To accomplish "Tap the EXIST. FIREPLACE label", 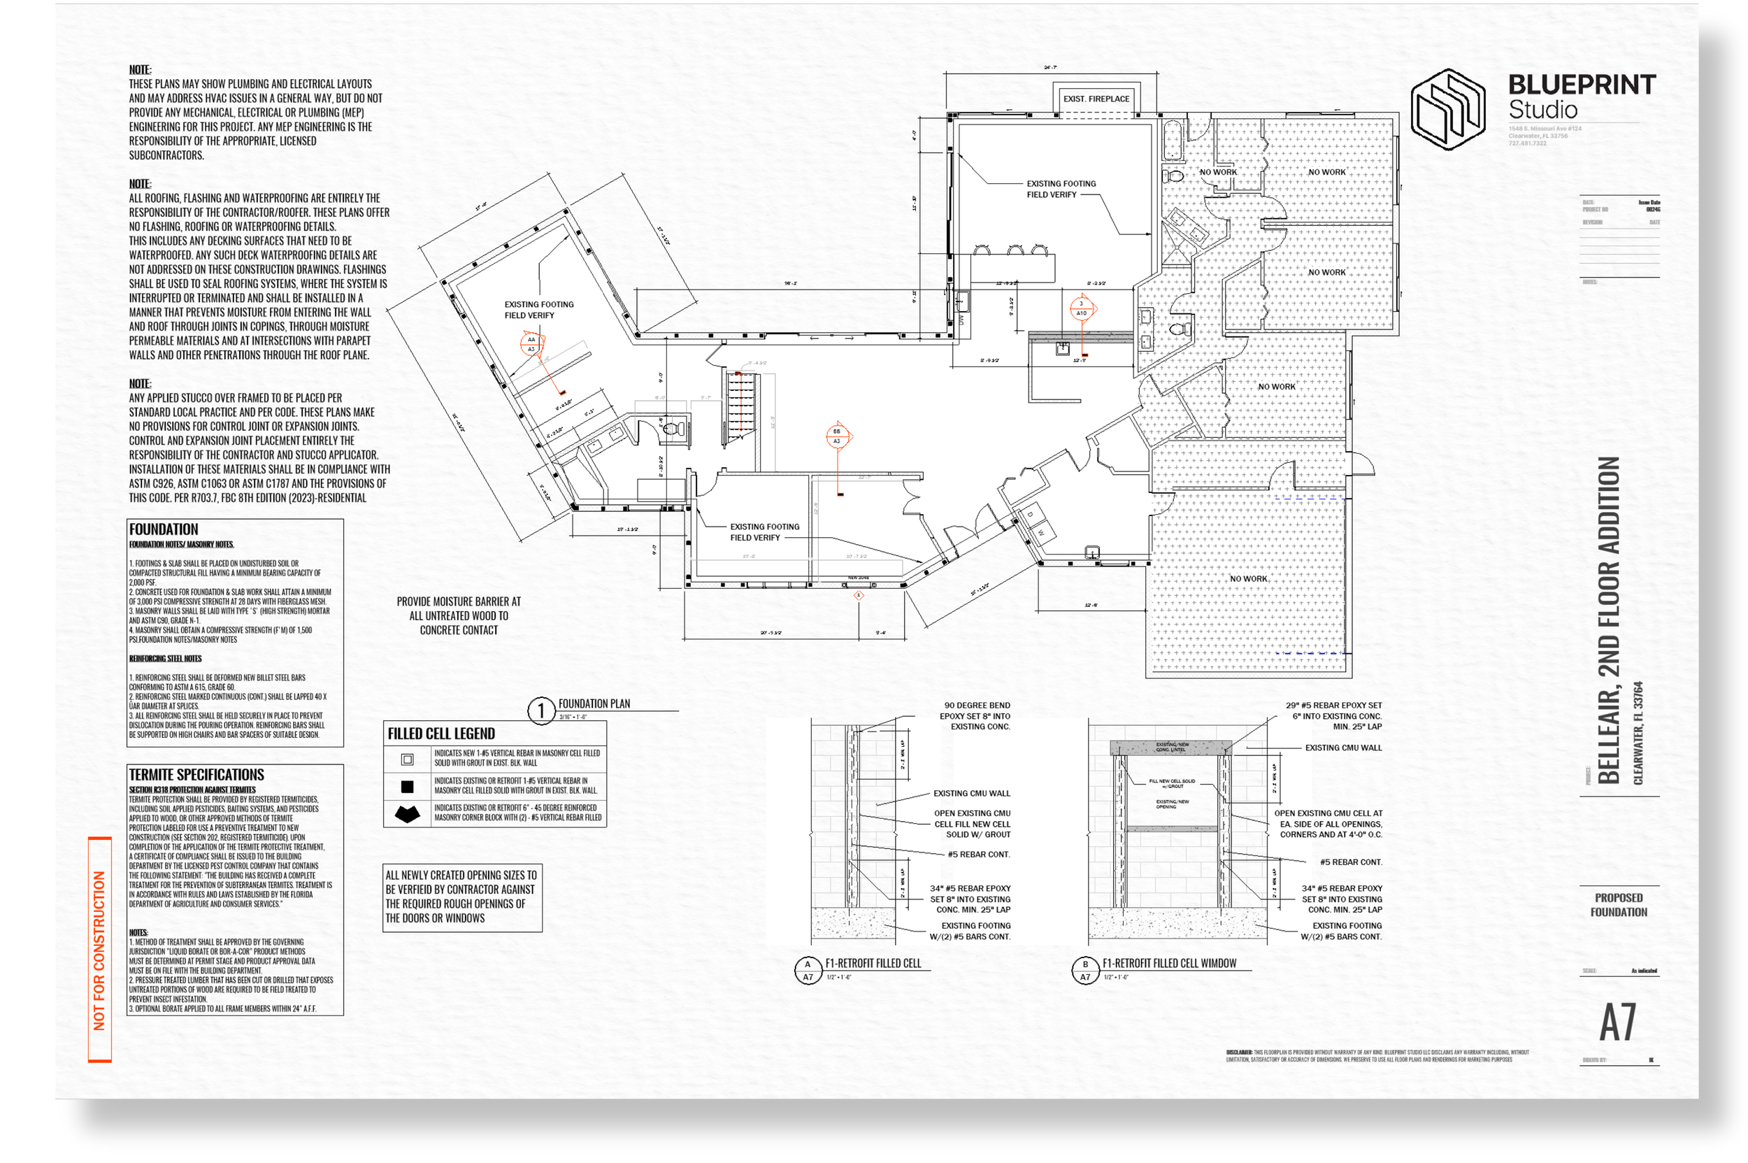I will click(1096, 99).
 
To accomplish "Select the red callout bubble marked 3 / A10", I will click(1080, 308).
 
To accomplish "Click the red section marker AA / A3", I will click(531, 343).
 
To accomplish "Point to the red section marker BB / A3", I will click(836, 436).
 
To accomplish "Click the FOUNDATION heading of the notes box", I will click(163, 529).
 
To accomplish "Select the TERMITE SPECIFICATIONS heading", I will click(196, 773).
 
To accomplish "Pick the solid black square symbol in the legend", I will click(406, 786).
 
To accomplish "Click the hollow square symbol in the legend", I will click(406, 759).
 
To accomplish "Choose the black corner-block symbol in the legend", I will click(406, 813).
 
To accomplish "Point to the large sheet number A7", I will click(1617, 1023).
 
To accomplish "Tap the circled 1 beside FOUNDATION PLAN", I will click(540, 710).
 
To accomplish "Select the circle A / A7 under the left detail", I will click(807, 969).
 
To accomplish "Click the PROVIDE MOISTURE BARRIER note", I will click(458, 615).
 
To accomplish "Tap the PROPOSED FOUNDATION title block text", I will click(1617, 904).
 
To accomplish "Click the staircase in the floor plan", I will click(739, 406).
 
